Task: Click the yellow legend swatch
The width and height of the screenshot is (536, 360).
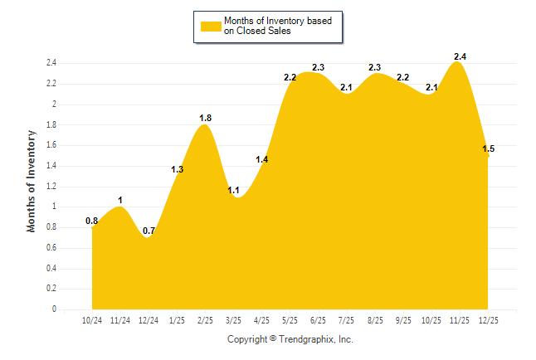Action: click(210, 27)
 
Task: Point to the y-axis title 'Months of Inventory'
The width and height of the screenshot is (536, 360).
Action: click(32, 180)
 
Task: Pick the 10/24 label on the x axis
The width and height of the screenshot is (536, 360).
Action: click(92, 319)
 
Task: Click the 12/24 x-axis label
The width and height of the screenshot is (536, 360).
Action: click(149, 319)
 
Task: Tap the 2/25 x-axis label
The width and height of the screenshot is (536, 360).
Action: click(206, 319)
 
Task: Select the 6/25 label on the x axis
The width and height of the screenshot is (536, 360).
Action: click(319, 319)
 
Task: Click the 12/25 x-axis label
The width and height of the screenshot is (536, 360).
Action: click(488, 319)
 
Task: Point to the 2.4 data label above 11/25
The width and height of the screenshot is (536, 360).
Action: click(460, 56)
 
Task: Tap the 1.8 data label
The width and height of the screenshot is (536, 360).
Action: click(206, 118)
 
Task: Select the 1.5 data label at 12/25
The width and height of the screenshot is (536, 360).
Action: click(489, 148)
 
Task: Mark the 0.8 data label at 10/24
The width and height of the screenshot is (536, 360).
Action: click(92, 221)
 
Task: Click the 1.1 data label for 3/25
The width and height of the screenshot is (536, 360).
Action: click(234, 190)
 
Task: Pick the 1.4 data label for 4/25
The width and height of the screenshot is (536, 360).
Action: click(262, 159)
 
